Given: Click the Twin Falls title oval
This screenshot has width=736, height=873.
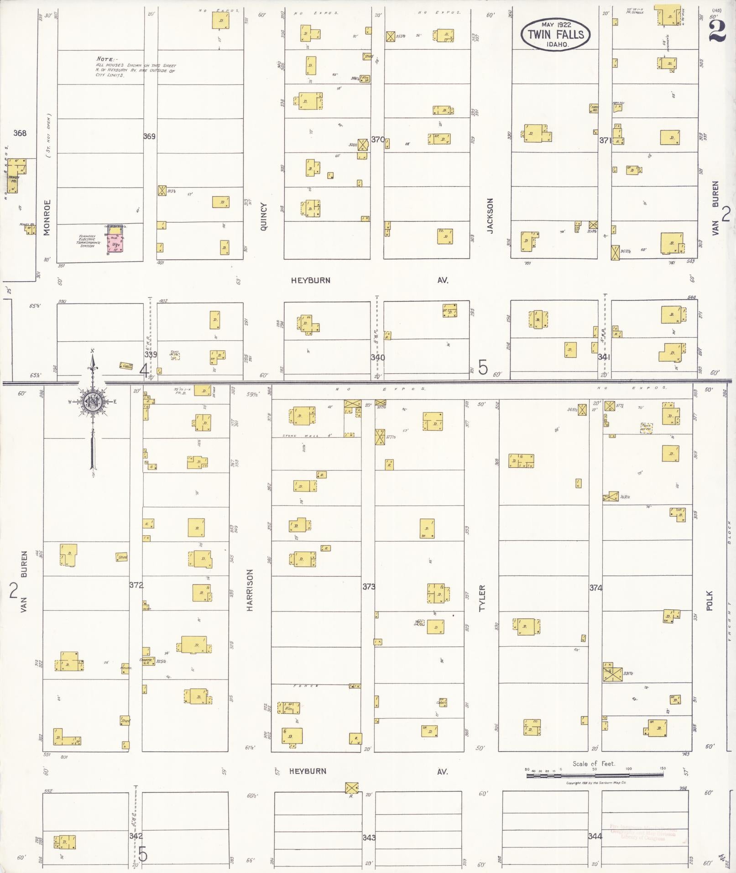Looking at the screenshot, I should pyautogui.click(x=555, y=34).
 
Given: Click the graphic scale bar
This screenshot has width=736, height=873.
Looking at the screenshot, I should pyautogui.click(x=594, y=775).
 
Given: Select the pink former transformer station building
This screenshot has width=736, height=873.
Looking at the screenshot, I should pyautogui.click(x=115, y=240).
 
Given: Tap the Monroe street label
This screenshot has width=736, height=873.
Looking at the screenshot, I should pyautogui.click(x=47, y=217).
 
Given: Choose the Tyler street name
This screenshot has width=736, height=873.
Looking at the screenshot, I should pyautogui.click(x=482, y=598).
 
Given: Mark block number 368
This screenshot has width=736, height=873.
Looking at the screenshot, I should pyautogui.click(x=20, y=133).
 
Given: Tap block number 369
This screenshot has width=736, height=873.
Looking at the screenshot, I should pyautogui.click(x=149, y=136).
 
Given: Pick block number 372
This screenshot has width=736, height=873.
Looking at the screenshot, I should pyautogui.click(x=136, y=585).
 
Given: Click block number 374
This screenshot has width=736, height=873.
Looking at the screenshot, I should pyautogui.click(x=595, y=588).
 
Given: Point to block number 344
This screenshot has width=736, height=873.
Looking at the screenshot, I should pyautogui.click(x=595, y=836).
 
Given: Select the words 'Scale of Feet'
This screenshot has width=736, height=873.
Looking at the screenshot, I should pyautogui.click(x=594, y=764).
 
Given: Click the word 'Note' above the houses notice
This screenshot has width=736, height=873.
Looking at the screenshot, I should pyautogui.click(x=107, y=59).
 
